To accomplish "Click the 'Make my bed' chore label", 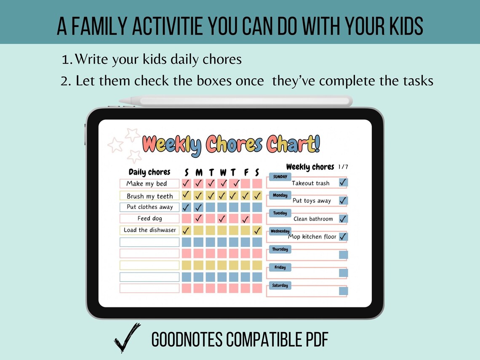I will point(147,184).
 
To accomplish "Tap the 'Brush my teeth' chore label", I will point(150,196).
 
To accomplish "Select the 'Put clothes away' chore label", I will point(150,207).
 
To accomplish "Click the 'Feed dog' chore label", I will point(149,219).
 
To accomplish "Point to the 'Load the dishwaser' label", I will point(149,230).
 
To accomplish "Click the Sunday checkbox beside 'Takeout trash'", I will point(343,182).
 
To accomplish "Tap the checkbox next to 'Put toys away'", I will point(343,200).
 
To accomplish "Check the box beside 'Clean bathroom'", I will point(343,219).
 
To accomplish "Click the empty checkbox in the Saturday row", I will point(343,291).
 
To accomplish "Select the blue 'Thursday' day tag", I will point(280,249).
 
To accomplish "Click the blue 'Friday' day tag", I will point(280,267).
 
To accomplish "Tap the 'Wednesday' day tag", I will point(280,231).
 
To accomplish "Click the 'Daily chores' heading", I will point(149,172).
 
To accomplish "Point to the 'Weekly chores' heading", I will point(310,167).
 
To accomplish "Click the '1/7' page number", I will point(343,167).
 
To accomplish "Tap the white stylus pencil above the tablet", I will point(236,101).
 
